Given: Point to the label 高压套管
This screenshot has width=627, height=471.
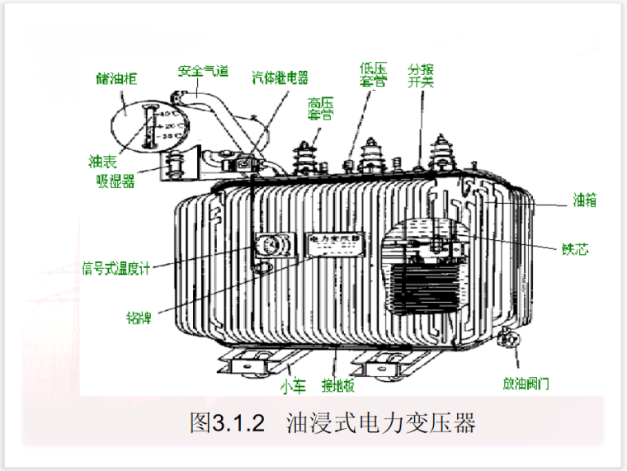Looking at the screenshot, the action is point(320,110).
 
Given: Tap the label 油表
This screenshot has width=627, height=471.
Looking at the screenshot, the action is point(103,160).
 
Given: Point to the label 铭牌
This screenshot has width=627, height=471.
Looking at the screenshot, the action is point(137,316).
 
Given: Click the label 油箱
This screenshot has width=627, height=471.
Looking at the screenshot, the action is point(584,200).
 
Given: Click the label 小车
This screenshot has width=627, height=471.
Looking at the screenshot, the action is point(294,384).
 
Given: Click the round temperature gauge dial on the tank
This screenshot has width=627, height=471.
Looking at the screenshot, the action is point(267,246).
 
